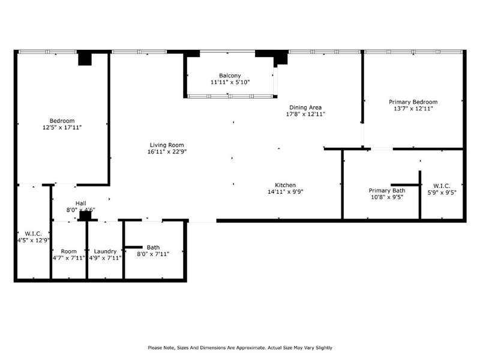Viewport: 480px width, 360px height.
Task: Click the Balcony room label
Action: point(230,76)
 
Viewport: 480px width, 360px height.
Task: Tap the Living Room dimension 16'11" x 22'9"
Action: point(167,152)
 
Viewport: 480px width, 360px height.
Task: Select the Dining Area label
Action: point(305,107)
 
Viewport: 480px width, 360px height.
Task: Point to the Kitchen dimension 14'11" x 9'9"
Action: point(286,192)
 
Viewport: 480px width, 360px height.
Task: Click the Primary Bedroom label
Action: point(413,102)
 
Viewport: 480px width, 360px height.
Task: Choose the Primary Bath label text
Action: point(387,191)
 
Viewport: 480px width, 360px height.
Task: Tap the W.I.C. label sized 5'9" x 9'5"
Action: point(442,186)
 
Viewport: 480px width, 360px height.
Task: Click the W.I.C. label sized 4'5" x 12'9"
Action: point(34,234)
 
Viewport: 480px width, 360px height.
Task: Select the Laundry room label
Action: point(105,251)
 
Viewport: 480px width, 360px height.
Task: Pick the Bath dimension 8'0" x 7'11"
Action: point(153,254)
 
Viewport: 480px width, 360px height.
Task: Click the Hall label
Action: point(81,203)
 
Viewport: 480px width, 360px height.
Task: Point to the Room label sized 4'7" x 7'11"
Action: point(68,251)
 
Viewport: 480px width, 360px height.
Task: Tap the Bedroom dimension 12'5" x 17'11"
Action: point(62,128)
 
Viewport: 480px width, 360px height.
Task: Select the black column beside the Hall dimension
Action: point(85,215)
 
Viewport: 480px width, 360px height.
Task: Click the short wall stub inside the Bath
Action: point(134,247)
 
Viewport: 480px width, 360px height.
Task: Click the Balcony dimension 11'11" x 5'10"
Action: point(230,82)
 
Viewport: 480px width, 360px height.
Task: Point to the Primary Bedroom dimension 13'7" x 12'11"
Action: point(413,109)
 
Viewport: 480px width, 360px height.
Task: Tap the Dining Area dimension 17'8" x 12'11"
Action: point(305,114)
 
